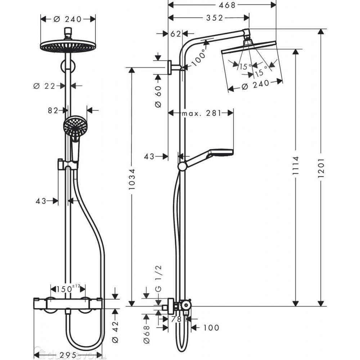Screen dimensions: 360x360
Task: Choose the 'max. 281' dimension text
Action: (201, 113)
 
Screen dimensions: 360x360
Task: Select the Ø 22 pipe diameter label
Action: (45, 86)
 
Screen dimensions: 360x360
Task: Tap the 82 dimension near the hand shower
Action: (53, 110)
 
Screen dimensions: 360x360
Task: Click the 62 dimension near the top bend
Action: (175, 34)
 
